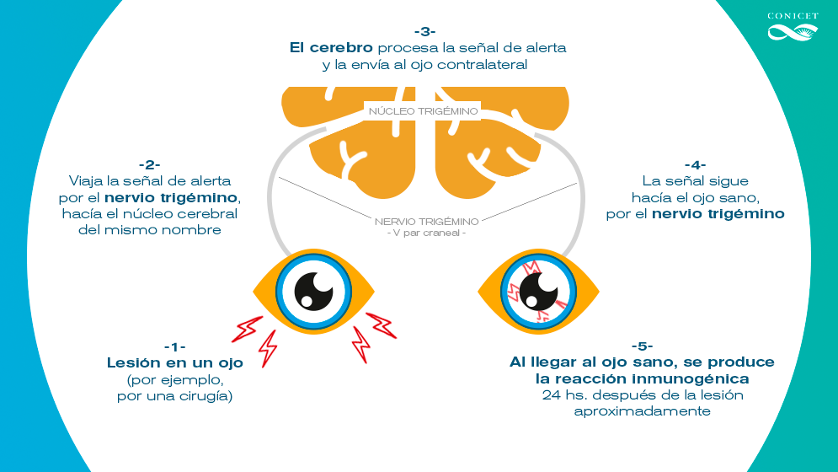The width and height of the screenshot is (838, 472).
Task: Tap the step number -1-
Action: point(175,347)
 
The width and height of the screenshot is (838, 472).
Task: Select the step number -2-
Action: point(150,164)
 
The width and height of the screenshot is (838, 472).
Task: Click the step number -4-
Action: point(695,164)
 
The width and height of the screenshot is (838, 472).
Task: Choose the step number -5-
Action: point(642,346)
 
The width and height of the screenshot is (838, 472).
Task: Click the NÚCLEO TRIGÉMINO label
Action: point(424,111)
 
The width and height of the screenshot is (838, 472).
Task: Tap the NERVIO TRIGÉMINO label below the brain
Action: point(427,221)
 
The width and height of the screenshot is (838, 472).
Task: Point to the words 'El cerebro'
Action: point(331,48)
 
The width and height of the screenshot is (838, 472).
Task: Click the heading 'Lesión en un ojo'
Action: point(175,363)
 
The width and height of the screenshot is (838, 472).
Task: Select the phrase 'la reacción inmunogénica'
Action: point(642,379)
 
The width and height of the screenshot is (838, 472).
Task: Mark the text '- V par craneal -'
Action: point(427,233)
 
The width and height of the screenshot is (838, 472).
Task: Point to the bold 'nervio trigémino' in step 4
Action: point(718,214)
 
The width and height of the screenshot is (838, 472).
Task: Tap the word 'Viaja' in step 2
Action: point(87,181)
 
